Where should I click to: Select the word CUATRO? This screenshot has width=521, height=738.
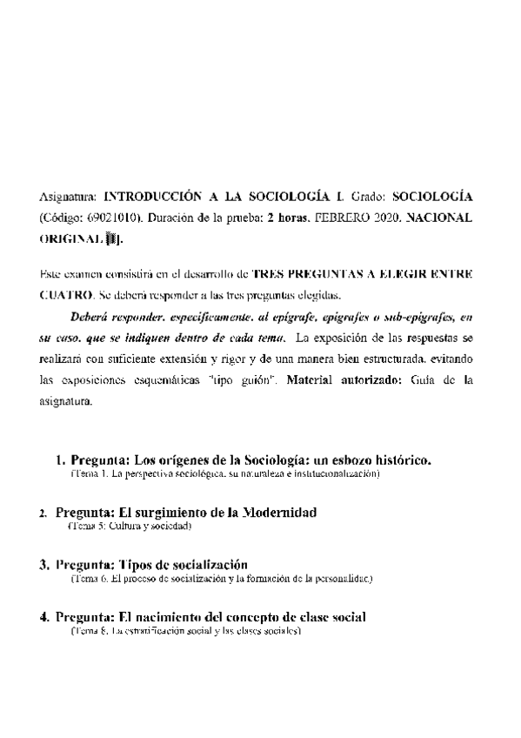click(63, 294)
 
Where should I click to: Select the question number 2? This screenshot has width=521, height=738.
click(43, 513)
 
